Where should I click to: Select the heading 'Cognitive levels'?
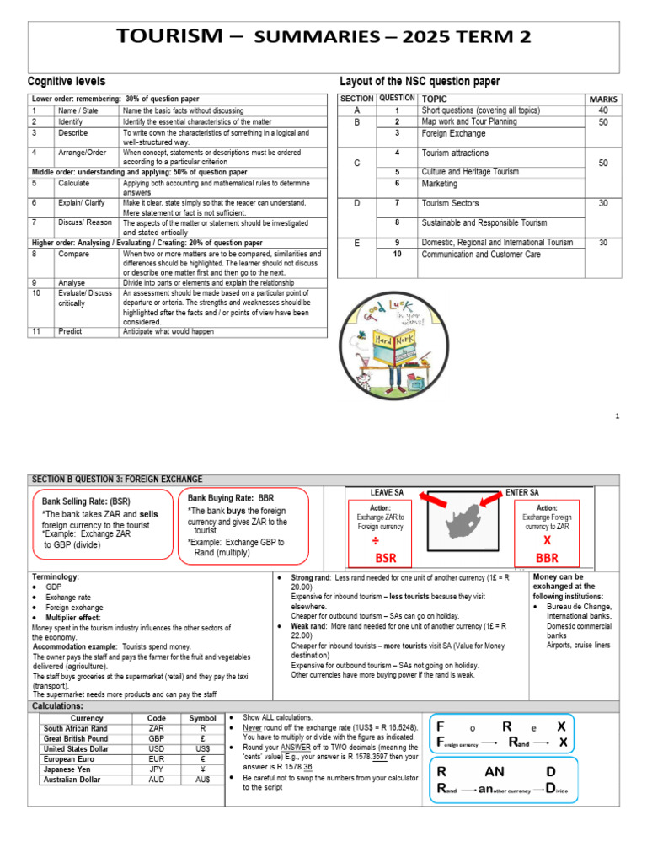[67, 82]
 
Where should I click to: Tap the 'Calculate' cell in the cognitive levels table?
[74, 182]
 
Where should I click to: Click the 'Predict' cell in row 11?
[70, 331]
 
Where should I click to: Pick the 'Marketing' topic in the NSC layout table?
[440, 184]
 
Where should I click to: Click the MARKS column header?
[602, 99]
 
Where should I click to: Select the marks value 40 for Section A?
[602, 110]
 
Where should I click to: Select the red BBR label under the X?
[547, 558]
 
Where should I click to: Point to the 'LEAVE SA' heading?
[387, 492]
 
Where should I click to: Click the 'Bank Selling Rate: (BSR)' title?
[85, 501]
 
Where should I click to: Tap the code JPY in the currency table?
[156, 769]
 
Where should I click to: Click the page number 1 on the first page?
[617, 416]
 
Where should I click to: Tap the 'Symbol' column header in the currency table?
[202, 718]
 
